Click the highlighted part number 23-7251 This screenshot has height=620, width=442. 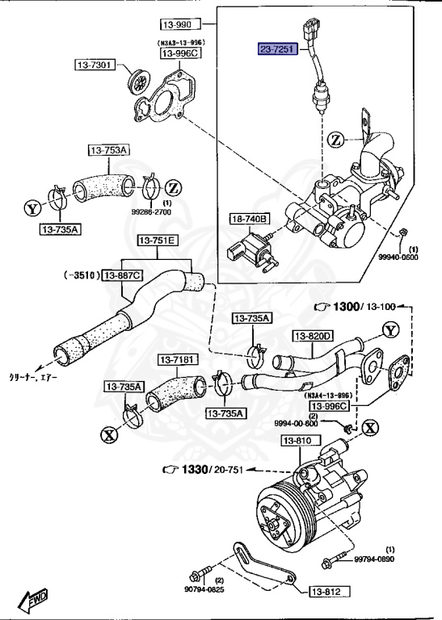tap(277, 49)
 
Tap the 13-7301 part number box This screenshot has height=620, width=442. tap(96, 64)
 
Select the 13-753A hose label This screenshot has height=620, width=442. tap(107, 149)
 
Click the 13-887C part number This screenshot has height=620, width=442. tap(122, 275)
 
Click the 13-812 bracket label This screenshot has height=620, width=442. tap(328, 592)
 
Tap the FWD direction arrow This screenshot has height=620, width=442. tap(34, 600)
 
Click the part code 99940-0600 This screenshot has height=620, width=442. tap(399, 258)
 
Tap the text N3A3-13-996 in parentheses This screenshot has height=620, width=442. tap(179, 42)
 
